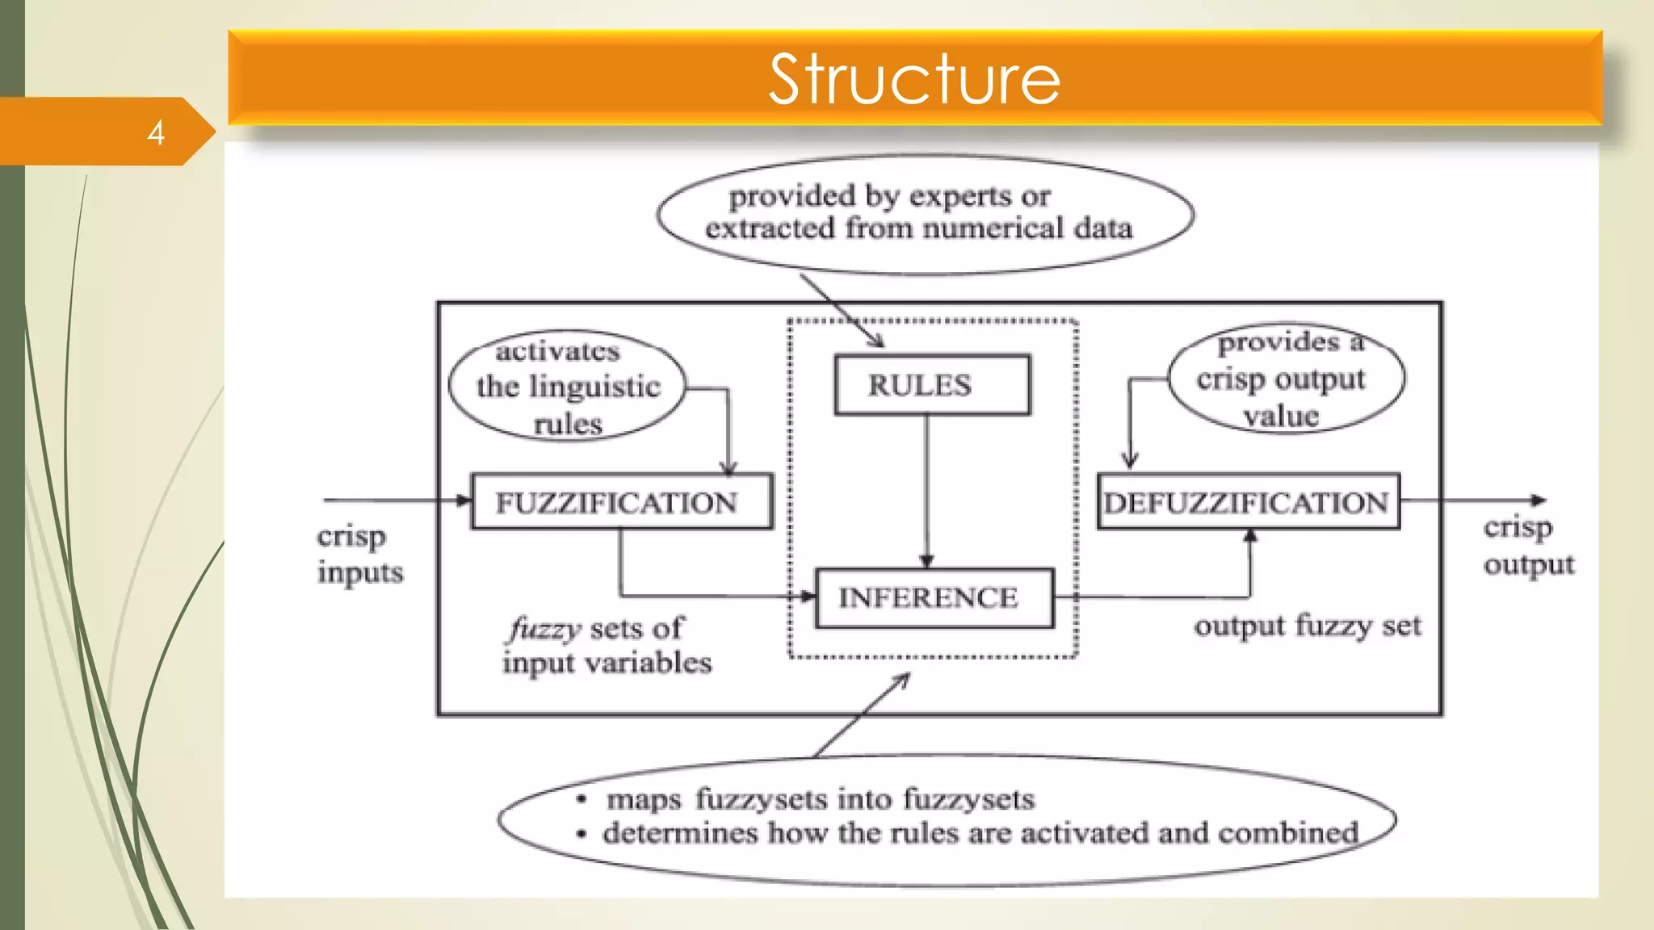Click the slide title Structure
point(914,79)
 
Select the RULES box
point(932,385)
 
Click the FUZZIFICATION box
point(621,502)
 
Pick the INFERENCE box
point(934,598)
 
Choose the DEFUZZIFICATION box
point(1248,502)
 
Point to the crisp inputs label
point(359,554)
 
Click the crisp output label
point(1527,546)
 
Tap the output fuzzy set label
point(1308,626)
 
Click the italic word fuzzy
point(545,629)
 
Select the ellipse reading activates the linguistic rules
point(567,386)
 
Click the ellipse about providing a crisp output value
point(1286,378)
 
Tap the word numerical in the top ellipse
point(994,229)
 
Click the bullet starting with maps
point(820,799)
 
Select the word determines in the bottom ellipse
point(680,833)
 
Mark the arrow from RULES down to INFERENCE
point(926,492)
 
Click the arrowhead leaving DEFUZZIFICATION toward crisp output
point(1539,501)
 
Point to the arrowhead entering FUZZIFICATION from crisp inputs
point(464,501)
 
